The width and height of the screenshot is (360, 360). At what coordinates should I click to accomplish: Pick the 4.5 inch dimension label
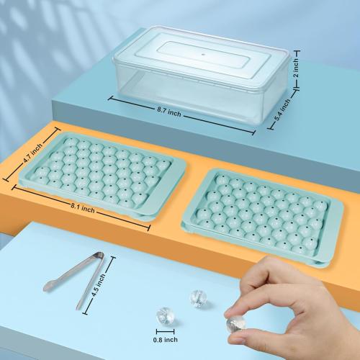102,285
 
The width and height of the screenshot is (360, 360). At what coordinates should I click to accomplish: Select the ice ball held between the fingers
235,325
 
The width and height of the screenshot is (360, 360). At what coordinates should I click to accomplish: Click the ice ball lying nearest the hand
197,296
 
